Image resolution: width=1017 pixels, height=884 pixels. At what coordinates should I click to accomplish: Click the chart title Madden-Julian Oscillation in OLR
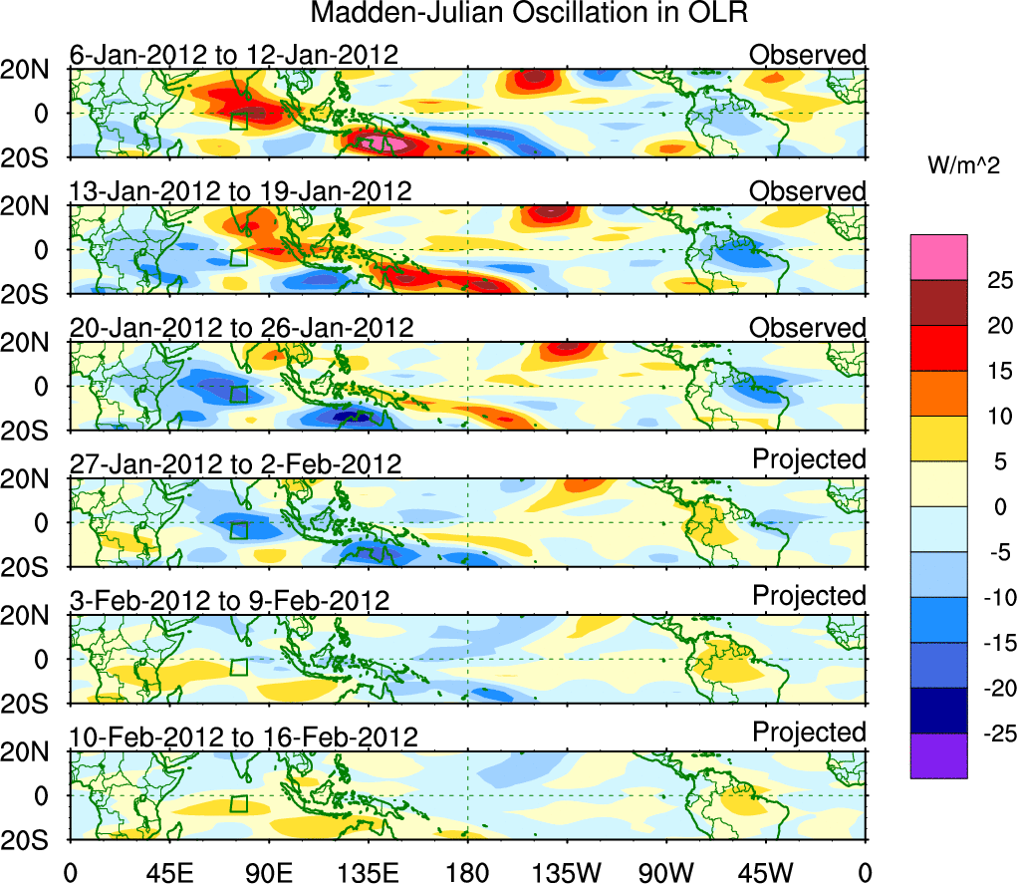coord(529,14)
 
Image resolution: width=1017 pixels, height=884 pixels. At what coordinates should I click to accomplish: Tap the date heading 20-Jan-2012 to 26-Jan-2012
coord(240,327)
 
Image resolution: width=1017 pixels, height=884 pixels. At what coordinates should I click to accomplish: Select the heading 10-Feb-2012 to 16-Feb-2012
coord(244,737)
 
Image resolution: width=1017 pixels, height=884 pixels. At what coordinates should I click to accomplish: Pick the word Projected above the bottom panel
coord(809,733)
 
